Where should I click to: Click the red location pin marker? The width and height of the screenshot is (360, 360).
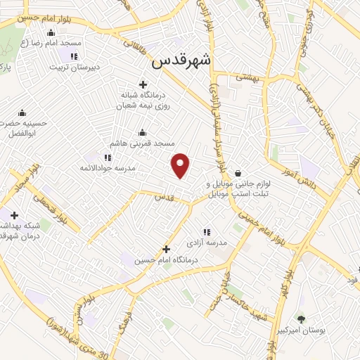181,165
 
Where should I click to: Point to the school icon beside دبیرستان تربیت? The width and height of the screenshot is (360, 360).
74,56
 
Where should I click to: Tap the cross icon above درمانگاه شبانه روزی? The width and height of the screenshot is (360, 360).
143,85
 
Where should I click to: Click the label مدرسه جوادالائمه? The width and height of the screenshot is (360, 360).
107,169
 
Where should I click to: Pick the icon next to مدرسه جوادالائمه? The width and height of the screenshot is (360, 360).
107,157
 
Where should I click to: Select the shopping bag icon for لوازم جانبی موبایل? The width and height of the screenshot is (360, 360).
238,174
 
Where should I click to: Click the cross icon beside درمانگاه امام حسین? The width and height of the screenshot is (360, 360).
166,248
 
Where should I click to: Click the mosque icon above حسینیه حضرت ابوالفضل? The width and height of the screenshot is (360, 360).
22,112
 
